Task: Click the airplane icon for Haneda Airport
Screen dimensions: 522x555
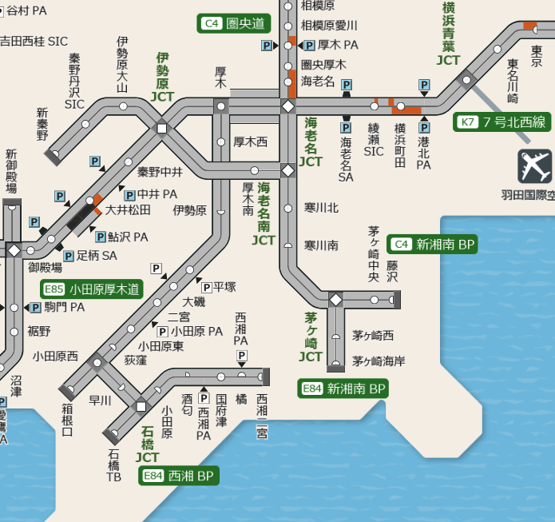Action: click(534, 166)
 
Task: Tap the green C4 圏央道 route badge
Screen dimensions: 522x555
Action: click(233, 23)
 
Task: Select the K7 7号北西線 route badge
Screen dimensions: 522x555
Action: click(502, 122)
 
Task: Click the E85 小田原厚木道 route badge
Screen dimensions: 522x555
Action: click(93, 289)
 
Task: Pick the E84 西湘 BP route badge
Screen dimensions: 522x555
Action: click(178, 476)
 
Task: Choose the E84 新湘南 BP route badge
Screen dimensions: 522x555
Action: click(344, 389)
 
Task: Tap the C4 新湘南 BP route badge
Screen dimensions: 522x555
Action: click(432, 245)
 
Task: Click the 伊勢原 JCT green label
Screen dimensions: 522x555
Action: click(162, 77)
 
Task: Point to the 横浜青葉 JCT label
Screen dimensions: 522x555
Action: click(449, 33)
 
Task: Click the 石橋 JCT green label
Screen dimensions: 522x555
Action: click(148, 444)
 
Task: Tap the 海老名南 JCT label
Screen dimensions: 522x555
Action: click(264, 213)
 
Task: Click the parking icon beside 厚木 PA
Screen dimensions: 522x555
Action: click(309, 46)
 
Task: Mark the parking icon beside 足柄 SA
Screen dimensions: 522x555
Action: click(69, 256)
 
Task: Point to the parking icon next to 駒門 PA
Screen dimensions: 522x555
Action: click(36, 307)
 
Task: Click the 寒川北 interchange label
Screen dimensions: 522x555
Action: click(321, 208)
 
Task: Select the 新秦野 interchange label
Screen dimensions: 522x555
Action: click(43, 125)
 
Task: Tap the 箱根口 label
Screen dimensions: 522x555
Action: click(67, 419)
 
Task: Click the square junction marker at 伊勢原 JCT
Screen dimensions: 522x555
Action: click(162, 128)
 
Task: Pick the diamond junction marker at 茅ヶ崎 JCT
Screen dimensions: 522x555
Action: click(336, 300)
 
